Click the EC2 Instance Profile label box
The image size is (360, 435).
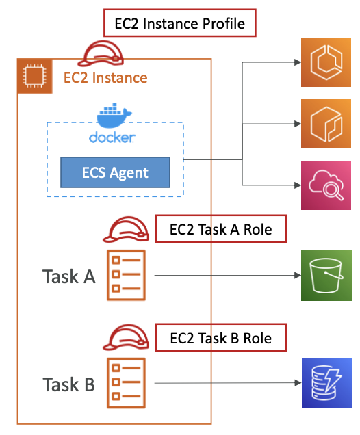click(180, 23)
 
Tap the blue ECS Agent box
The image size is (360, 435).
click(115, 172)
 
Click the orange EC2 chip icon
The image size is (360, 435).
click(34, 76)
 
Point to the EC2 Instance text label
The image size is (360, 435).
click(105, 78)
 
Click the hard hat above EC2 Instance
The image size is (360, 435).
click(100, 53)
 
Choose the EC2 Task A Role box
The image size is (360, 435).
click(221, 229)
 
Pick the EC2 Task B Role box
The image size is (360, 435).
click(221, 338)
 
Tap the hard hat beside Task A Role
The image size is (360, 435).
click(126, 230)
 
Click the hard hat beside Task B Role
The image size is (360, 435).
click(126, 337)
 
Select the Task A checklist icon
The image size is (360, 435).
click(127, 275)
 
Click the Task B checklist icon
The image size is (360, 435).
click(127, 383)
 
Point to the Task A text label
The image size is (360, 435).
click(69, 276)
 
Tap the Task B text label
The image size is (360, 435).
click(69, 384)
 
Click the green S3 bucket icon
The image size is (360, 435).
click(326, 276)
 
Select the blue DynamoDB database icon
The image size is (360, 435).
click(327, 383)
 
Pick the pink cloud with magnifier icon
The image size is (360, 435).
click(326, 185)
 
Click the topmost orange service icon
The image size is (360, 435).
click(326, 62)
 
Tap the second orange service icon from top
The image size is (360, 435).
click(326, 124)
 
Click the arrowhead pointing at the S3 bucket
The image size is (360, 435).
click(298, 275)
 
